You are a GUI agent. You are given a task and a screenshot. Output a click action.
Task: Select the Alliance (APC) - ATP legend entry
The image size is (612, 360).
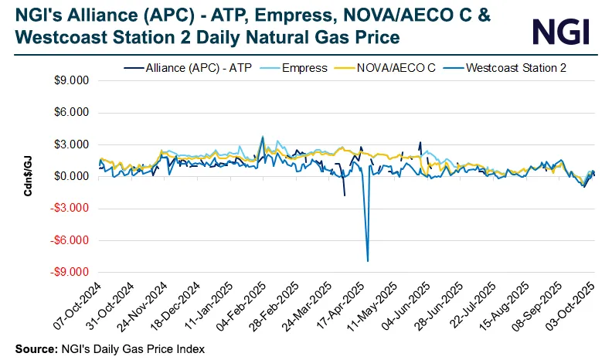[x=187, y=68]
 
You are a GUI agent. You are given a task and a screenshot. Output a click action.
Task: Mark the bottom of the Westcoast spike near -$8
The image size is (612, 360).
[x=367, y=261]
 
